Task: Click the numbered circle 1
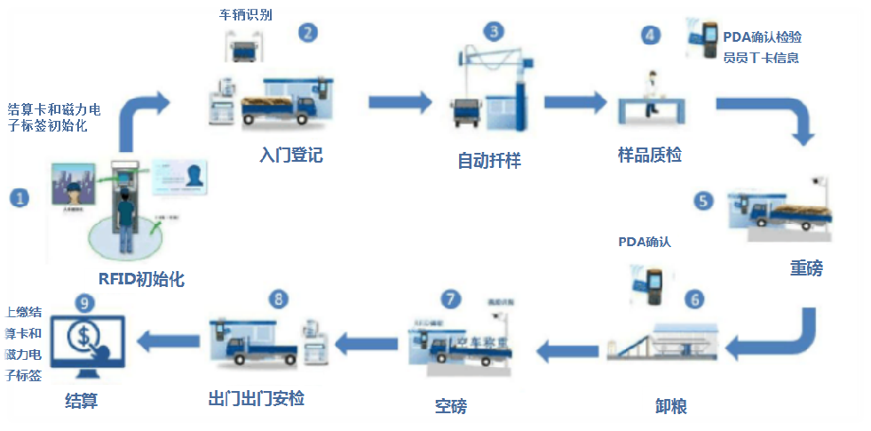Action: (19, 197)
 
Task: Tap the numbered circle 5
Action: (704, 201)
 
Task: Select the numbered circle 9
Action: (84, 302)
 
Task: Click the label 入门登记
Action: (290, 156)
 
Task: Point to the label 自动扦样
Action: (488, 161)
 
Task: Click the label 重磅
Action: (806, 267)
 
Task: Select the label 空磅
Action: (450, 406)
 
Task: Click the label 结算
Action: (82, 401)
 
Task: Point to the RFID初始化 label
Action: (142, 279)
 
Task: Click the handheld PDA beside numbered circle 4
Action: (709, 41)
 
